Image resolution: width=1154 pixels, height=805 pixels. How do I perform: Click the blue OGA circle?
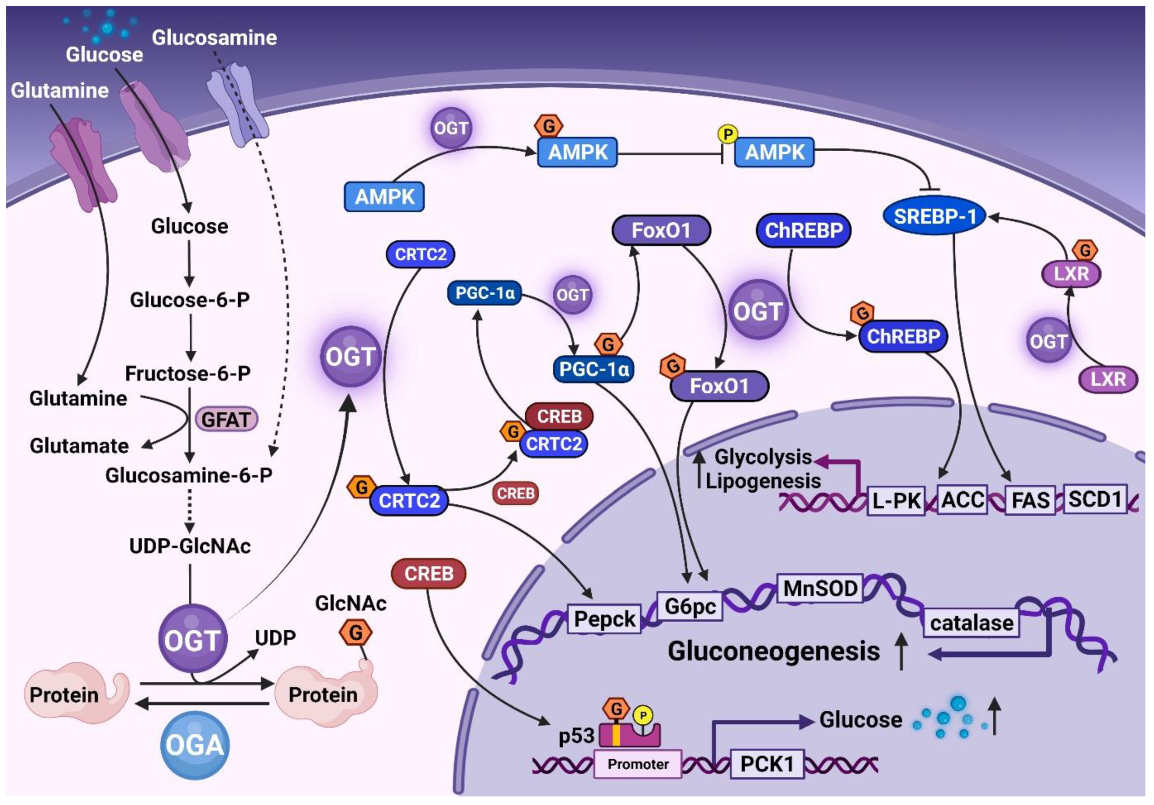tap(195, 744)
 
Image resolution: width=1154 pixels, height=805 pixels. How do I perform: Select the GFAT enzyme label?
tap(226, 419)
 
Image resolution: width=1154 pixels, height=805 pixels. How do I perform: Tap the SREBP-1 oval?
tap(935, 216)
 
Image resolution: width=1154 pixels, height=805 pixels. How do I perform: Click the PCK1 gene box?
tap(767, 763)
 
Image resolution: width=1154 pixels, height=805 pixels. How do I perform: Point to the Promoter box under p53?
tap(638, 763)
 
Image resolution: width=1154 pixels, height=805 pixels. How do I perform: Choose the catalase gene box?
tap(971, 622)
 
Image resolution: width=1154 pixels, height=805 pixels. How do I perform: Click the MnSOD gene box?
tap(820, 588)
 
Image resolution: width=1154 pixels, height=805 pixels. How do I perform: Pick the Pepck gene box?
tap(604, 618)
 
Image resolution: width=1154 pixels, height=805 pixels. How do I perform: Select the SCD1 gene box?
tap(1095, 499)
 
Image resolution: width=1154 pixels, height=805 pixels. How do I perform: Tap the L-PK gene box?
tap(896, 500)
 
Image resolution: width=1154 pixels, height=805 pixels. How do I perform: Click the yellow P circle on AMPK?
tap(728, 134)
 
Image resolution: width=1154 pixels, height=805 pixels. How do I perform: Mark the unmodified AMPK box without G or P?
tap(384, 196)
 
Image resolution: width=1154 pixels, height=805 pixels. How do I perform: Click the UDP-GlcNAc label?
tap(190, 546)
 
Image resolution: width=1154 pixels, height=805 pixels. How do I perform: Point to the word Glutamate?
tap(79, 445)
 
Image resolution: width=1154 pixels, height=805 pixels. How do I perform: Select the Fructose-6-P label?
tap(188, 373)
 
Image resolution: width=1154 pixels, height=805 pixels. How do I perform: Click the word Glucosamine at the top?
tap(214, 37)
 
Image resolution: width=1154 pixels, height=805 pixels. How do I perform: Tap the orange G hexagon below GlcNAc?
tap(356, 632)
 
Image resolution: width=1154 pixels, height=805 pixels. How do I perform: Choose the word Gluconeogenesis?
tap(773, 651)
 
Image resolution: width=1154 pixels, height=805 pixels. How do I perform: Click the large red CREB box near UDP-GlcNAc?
tap(428, 573)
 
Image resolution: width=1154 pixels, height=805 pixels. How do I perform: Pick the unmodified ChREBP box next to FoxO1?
tap(803, 230)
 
